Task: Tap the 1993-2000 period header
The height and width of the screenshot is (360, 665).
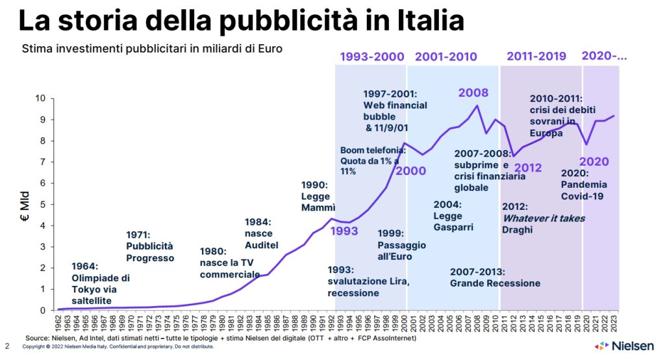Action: pyautogui.click(x=371, y=57)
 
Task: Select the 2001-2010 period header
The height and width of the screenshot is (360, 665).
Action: pyautogui.click(x=445, y=57)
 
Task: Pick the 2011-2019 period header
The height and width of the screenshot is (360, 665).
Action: pyautogui.click(x=536, y=56)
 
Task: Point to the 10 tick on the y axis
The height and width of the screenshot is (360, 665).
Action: pyautogui.click(x=40, y=98)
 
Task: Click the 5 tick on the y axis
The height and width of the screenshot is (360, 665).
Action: pyautogui.click(x=43, y=204)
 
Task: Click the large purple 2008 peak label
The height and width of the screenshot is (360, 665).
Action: pyautogui.click(x=473, y=93)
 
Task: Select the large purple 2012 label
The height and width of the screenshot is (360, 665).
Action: pyautogui.click(x=527, y=168)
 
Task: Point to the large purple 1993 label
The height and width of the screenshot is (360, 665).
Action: pyautogui.click(x=345, y=231)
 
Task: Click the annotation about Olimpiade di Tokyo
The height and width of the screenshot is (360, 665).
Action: pyautogui.click(x=101, y=283)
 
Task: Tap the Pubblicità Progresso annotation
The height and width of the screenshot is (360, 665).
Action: pyautogui.click(x=150, y=246)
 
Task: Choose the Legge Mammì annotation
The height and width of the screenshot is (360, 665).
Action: pyautogui.click(x=316, y=196)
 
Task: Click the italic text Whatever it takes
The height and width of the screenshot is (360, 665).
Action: pyautogui.click(x=544, y=218)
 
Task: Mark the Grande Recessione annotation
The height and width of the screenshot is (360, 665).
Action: pyautogui.click(x=495, y=277)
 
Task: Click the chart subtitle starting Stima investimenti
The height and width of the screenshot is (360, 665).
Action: pyautogui.click(x=153, y=49)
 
